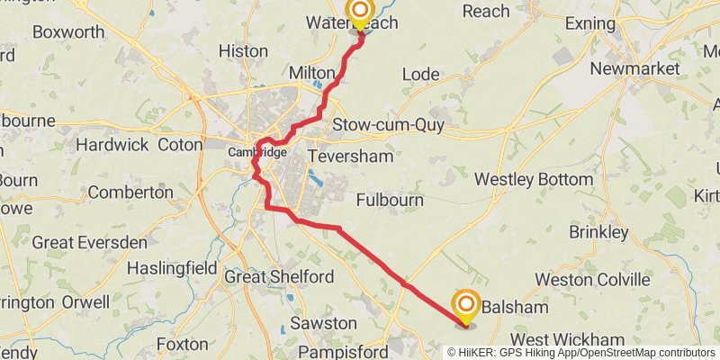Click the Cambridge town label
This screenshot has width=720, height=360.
click(256, 152)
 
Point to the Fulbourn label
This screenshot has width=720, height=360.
click(390, 200)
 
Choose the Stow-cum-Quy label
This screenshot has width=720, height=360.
click(388, 125)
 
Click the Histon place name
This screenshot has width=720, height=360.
click(243, 51)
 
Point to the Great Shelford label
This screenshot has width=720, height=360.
click(270, 276)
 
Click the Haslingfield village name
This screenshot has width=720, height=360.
click(172, 267)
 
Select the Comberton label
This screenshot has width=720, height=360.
click(130, 192)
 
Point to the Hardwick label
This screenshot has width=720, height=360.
click(112, 144)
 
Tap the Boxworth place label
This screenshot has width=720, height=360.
click(68, 31)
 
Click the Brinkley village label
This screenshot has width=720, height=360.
click(598, 232)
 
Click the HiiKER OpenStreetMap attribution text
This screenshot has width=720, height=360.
click(582, 353)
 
